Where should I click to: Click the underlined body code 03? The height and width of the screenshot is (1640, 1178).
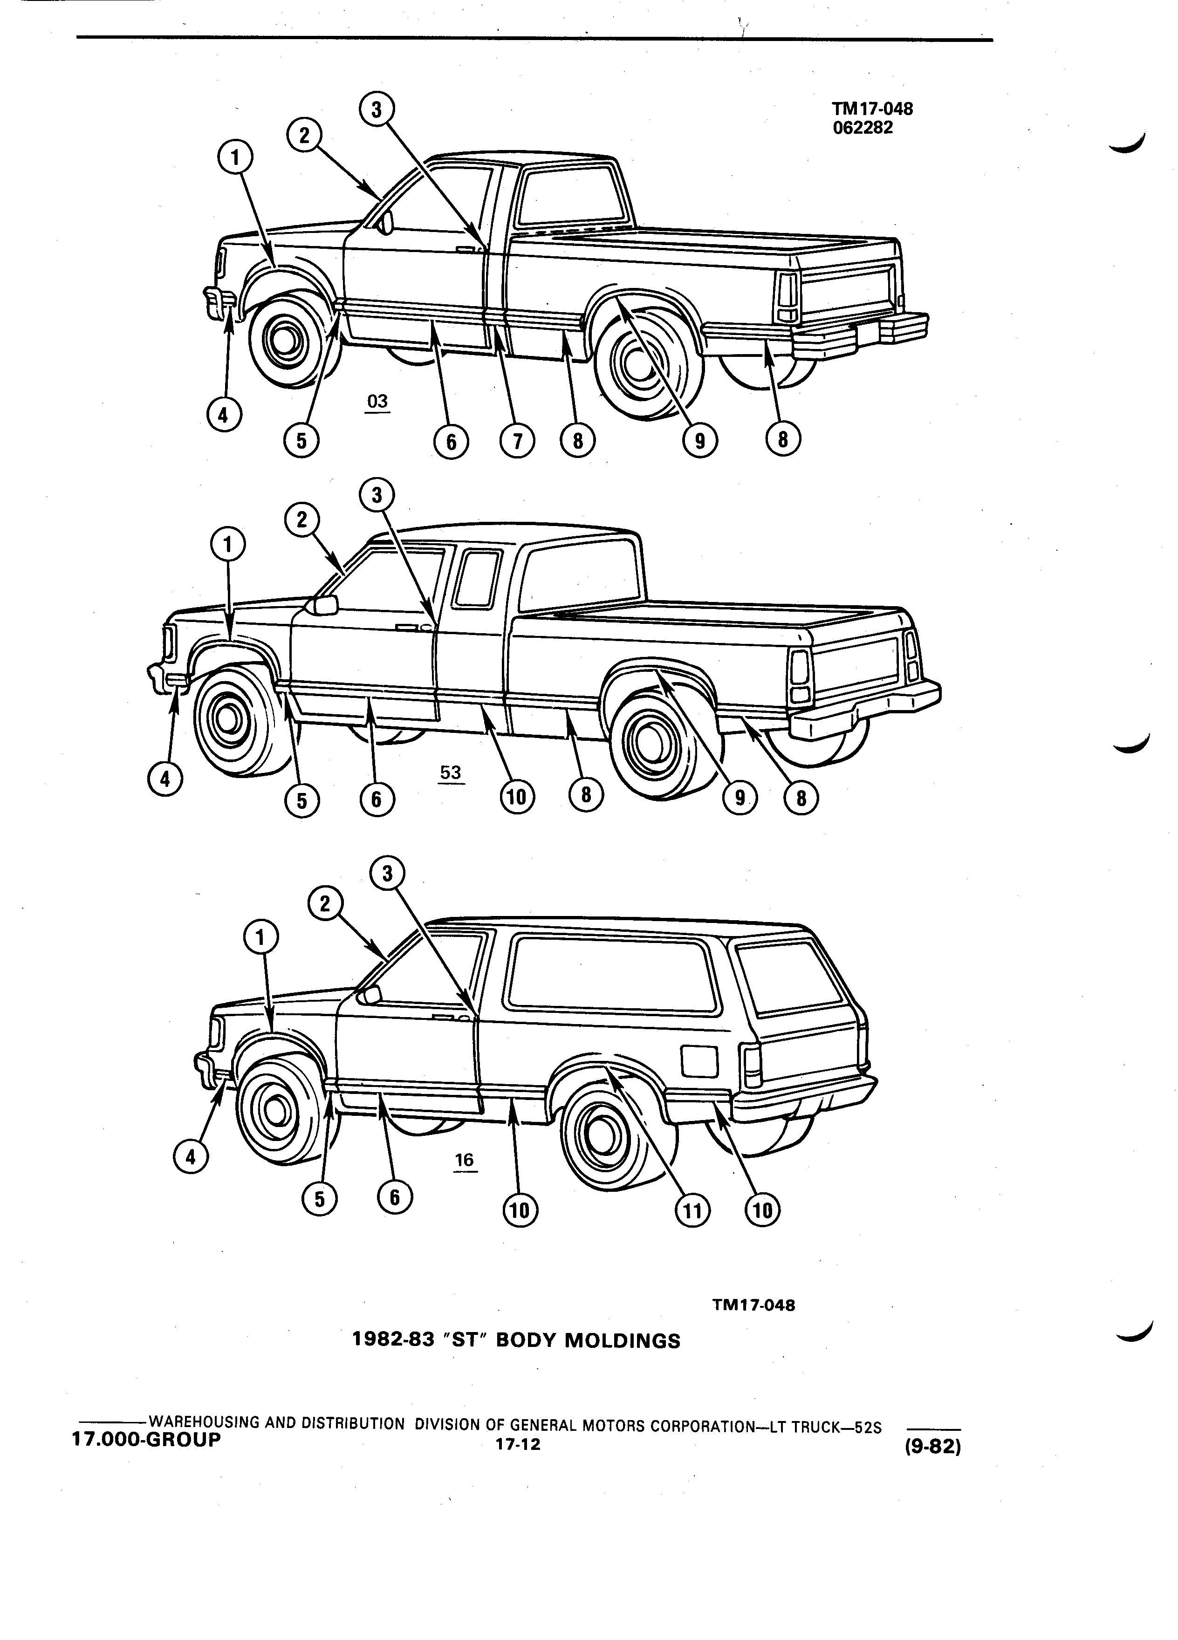[x=377, y=403]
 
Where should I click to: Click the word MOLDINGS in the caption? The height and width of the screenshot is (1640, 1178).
[x=623, y=1341]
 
